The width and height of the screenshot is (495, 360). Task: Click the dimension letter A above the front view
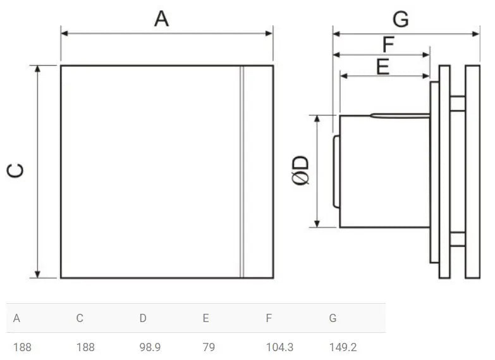(162, 19)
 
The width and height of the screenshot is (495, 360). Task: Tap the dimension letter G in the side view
(400, 20)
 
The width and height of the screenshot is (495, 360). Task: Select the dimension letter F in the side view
(388, 44)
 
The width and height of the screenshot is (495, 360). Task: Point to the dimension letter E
(382, 66)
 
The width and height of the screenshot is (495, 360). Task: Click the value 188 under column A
(22, 347)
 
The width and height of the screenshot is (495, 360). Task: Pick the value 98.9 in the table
(150, 347)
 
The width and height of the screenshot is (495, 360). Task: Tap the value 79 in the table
(209, 347)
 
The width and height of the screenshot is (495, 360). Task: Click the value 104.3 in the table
(279, 347)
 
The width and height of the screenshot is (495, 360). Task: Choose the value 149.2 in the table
(343, 347)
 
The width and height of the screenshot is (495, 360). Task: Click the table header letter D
(143, 318)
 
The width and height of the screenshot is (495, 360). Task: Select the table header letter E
(205, 318)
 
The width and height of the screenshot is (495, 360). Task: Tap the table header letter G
(333, 318)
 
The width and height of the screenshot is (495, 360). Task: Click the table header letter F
(269, 318)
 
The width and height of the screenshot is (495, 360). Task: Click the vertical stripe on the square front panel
(241, 171)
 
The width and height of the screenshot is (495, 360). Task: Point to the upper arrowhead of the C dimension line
(39, 69)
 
